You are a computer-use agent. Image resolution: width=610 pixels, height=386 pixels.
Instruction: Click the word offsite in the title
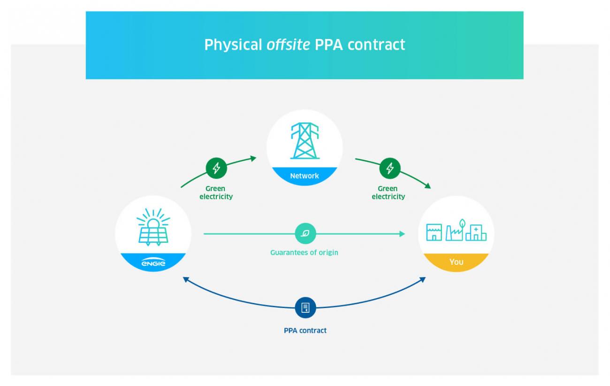pyautogui.click(x=288, y=45)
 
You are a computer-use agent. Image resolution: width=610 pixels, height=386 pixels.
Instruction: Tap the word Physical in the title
pyautogui.click(x=233, y=45)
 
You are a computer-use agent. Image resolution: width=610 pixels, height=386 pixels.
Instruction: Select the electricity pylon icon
pyautogui.click(x=305, y=140)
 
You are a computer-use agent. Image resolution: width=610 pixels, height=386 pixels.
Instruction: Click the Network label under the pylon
pyautogui.click(x=305, y=176)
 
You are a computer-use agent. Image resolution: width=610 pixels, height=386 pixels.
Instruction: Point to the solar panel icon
pyautogui.click(x=153, y=228)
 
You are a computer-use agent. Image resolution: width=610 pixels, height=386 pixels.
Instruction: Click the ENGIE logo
pyautogui.click(x=153, y=263)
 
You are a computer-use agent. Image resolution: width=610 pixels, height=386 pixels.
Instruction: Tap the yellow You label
pyautogui.click(x=456, y=262)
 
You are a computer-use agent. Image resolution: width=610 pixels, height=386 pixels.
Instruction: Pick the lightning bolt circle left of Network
pyautogui.click(x=216, y=168)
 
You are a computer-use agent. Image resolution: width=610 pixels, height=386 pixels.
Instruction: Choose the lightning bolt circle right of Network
pyautogui.click(x=390, y=168)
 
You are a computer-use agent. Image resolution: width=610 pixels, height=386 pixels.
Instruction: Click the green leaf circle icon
pyautogui.click(x=305, y=233)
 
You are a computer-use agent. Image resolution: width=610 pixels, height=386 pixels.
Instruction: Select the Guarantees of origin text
pyautogui.click(x=304, y=253)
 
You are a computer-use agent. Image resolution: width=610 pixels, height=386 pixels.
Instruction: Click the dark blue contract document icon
pyautogui.click(x=305, y=308)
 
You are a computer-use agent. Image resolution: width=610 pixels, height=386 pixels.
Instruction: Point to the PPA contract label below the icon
pyautogui.click(x=305, y=331)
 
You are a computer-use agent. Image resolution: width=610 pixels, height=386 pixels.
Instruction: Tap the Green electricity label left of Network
pyautogui.click(x=216, y=193)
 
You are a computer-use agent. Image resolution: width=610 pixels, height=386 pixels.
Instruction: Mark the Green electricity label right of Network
pyautogui.click(x=388, y=193)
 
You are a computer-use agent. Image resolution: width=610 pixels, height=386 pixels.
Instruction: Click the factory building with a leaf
pyautogui.click(x=455, y=230)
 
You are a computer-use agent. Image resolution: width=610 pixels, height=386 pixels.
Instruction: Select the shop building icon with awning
pyautogui.click(x=434, y=232)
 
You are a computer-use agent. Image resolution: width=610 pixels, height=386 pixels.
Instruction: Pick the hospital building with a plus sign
pyautogui.click(x=476, y=232)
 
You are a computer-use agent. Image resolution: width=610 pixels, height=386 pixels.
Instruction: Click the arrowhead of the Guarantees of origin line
pyautogui.click(x=402, y=234)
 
